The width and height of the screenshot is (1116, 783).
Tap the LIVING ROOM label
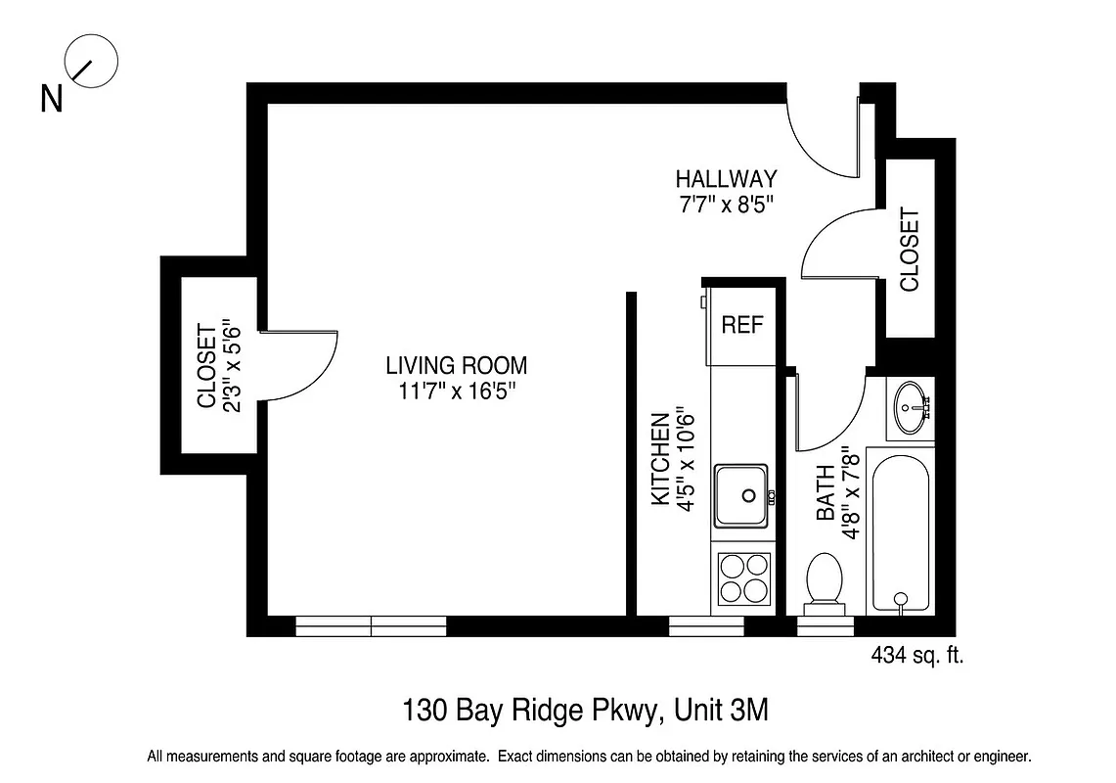point(456,366)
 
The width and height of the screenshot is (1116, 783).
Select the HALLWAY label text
point(726,179)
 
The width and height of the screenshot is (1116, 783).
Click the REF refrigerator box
point(741,325)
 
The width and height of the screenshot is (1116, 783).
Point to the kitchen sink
point(741,495)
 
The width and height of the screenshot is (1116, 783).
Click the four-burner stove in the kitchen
point(743,577)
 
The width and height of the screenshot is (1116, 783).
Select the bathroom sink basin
point(912,406)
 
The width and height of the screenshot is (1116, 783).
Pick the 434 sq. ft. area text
point(916,656)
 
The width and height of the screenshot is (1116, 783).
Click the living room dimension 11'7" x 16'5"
point(456,391)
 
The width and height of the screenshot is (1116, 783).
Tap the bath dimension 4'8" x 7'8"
point(851,492)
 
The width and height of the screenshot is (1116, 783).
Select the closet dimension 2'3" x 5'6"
point(232,365)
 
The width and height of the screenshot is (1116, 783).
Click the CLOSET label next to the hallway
point(910,250)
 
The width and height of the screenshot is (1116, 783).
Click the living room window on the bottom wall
point(371,625)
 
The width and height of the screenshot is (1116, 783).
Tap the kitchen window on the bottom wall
point(706,625)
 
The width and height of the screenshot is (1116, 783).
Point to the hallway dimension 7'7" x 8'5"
point(726,205)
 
